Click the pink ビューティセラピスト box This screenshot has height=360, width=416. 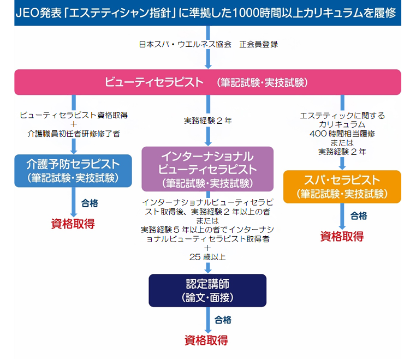point(207,82)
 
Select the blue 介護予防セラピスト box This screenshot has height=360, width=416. point(73,170)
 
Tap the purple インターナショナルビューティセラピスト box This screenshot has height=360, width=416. point(207,169)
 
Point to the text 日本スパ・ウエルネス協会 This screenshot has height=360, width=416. point(186,44)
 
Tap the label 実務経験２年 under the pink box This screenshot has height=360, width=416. point(208,121)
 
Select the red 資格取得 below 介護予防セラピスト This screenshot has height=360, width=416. point(73,224)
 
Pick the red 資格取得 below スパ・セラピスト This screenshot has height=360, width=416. point(342,236)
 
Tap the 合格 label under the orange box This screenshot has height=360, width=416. point(359,215)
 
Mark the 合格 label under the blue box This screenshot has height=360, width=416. point(90,203)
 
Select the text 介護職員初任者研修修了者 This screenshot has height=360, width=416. point(74,133)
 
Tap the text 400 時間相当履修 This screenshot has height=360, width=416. point(342,133)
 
